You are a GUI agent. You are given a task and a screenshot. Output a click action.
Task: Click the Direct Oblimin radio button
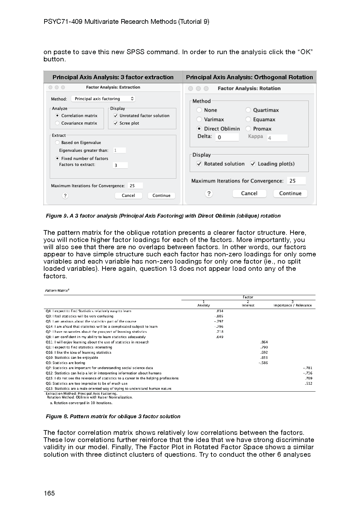(199, 129)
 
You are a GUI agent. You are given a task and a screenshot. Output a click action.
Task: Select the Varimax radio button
(199, 119)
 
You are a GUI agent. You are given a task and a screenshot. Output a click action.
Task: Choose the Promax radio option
(248, 129)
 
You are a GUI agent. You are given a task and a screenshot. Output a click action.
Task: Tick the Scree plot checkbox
(116, 123)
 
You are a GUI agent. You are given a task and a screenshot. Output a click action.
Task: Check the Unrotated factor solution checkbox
(116, 116)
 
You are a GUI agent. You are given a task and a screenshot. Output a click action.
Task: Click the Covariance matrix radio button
(57, 123)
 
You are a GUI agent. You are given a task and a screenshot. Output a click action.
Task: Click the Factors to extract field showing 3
(120, 165)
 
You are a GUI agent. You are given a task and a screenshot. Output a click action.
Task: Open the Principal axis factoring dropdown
(103, 99)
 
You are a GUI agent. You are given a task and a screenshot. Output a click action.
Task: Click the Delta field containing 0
(227, 137)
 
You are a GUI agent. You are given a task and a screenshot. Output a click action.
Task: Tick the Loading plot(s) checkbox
(253, 164)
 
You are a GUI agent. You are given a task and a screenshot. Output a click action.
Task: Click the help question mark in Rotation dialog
(209, 193)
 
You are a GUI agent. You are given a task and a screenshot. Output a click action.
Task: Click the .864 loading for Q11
(264, 342)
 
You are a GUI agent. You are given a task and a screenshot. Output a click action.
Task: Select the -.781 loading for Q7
(308, 368)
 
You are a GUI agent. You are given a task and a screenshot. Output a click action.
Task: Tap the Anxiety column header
(204, 305)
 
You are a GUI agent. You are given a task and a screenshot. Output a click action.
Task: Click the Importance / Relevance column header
(292, 305)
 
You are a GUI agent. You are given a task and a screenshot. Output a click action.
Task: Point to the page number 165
(49, 493)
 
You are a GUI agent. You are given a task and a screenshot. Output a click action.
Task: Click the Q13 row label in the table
(108, 388)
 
